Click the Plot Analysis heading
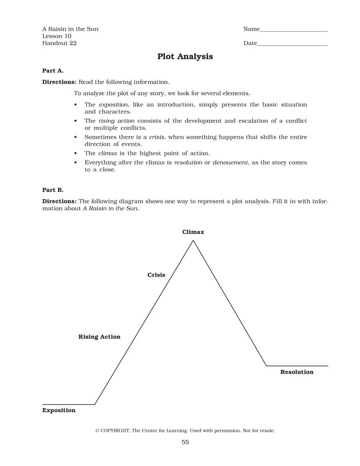185,56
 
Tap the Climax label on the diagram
193,232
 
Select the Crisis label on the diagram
156,275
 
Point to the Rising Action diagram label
99,337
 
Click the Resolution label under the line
297,372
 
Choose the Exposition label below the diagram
59,411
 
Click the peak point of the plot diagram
193,240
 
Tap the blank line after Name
293,31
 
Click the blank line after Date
292,45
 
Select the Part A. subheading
53,71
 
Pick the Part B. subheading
53,190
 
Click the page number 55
185,442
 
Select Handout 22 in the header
60,43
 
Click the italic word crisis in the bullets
157,137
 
